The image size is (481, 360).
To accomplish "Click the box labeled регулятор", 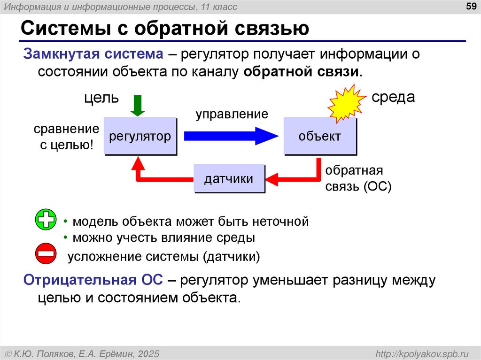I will pos(140,137).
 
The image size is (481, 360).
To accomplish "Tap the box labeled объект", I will pos(320,137).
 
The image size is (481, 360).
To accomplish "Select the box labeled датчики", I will pos(229,178).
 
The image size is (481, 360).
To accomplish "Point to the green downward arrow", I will pos(137,105).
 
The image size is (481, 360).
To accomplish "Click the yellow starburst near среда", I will pos(347,103).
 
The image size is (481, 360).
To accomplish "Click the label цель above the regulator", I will pos(101,98).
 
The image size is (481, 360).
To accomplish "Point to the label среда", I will pos(393,98).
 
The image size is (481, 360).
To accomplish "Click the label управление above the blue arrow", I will pos(232,114).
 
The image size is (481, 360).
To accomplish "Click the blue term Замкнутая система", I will pos(93,54).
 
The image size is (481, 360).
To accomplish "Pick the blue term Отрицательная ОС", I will pos(93,280).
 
